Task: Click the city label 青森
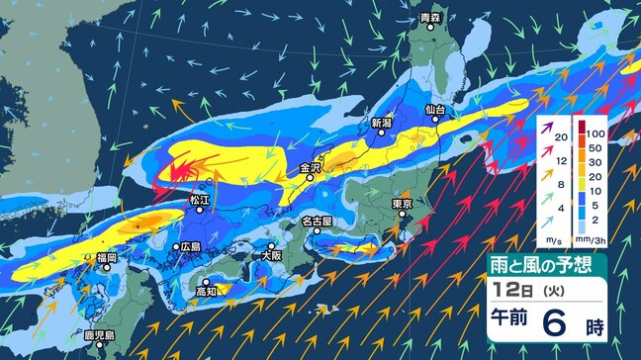coord(429,18)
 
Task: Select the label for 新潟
coord(383,124)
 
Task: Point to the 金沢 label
coord(310,168)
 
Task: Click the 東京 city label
coord(401,204)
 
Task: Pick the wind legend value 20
coord(560,137)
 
